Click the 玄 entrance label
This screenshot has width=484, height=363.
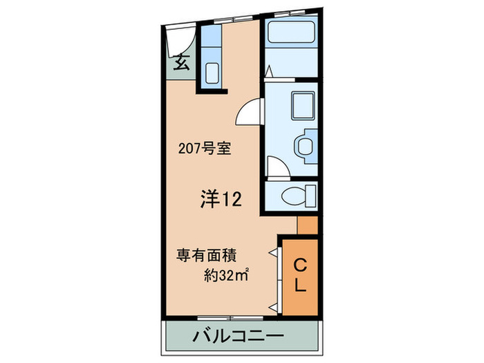(182, 62)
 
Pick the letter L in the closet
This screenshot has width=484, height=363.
(301, 283)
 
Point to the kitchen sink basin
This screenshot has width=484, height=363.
(212, 72)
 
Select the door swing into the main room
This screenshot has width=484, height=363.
(250, 113)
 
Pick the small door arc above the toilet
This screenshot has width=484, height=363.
(275, 168)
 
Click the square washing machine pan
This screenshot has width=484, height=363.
(302, 105)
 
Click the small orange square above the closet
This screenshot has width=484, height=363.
(307, 225)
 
